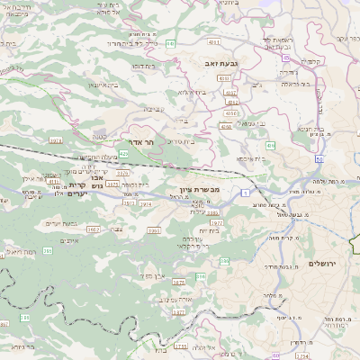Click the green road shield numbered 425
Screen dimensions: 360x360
122,154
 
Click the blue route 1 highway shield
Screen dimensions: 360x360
245,193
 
